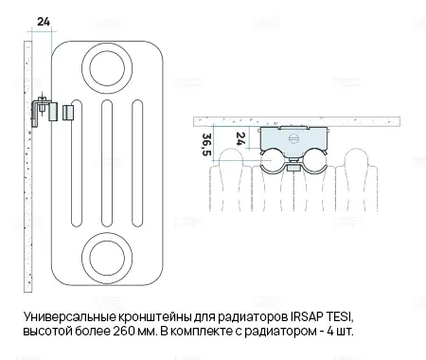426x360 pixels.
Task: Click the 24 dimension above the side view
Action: (44, 22)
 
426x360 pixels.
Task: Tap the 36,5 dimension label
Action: (206, 144)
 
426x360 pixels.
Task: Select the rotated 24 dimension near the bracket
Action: (240, 138)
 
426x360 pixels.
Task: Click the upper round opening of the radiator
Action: (107, 68)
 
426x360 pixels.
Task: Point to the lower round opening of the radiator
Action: (107, 259)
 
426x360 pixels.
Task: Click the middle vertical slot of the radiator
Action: (107, 163)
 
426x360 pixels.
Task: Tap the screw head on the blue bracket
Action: (293, 138)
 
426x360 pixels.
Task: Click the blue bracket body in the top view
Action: (293, 140)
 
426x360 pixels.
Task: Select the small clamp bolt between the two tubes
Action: (293, 167)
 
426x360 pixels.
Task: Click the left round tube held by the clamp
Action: (273, 160)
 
